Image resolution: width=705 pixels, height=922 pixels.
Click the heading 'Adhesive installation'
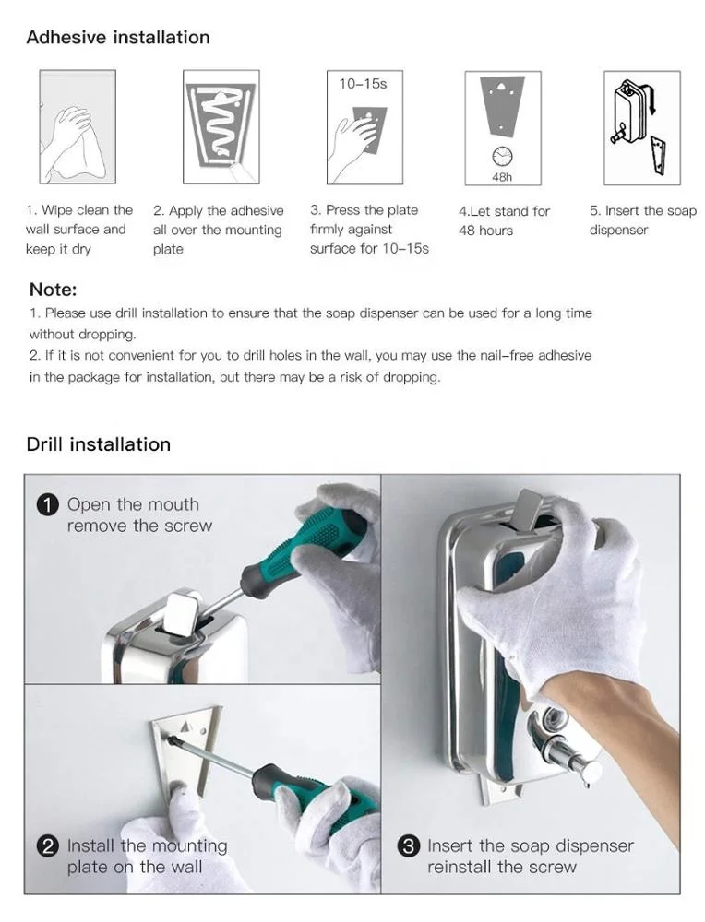pyautogui.click(x=118, y=38)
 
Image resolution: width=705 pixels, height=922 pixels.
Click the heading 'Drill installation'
pyautogui.click(x=99, y=444)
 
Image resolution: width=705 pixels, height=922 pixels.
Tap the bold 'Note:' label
pyautogui.click(x=53, y=290)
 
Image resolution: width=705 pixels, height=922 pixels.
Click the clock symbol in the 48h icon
pyautogui.click(x=502, y=156)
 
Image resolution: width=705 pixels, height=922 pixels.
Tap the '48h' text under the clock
pyautogui.click(x=502, y=175)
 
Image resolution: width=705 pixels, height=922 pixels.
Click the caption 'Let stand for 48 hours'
pyautogui.click(x=504, y=220)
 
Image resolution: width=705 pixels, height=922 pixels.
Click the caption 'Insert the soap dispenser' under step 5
pyautogui.click(x=643, y=220)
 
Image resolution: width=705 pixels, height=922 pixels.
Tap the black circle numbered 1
pyautogui.click(x=47, y=505)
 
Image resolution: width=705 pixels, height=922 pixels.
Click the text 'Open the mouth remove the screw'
pyautogui.click(x=138, y=515)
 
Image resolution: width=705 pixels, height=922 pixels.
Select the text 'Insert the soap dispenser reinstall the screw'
pyautogui.click(x=530, y=857)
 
